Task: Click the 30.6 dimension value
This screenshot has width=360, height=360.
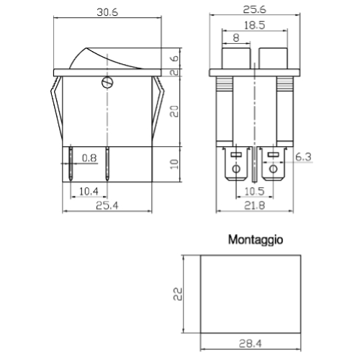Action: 107,12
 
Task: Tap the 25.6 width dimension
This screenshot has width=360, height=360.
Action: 254,9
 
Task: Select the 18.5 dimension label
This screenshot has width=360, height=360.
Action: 254,25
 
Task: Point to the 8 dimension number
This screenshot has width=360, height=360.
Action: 236,38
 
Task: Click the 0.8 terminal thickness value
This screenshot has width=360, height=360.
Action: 89,158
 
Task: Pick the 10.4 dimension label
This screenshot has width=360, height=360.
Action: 89,192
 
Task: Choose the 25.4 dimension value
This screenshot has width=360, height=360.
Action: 107,206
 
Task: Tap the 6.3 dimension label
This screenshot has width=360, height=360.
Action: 303,157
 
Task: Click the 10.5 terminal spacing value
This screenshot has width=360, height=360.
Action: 254,192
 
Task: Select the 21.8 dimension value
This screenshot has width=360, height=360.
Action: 254,206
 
